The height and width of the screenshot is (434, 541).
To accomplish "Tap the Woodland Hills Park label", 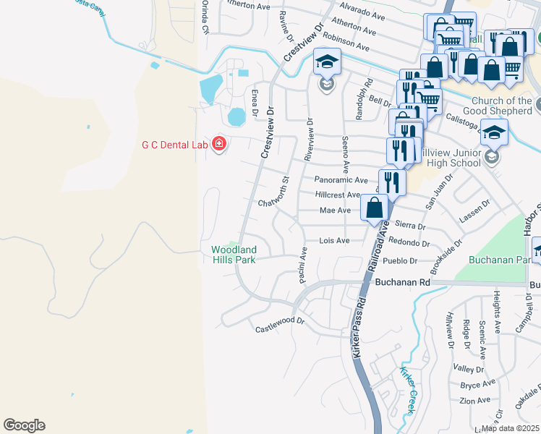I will click(234, 255).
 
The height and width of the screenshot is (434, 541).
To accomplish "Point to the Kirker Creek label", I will click(406, 391).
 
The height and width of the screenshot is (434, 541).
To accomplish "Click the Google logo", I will click(24, 425).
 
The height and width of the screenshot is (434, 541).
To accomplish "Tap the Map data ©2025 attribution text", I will click(511, 428).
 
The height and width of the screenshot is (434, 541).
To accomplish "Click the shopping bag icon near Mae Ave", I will click(375, 208).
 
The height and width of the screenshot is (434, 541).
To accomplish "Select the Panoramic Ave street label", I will click(341, 180).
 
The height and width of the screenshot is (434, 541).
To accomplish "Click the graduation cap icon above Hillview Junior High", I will click(494, 134).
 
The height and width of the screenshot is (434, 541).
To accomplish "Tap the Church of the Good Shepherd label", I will click(500, 106).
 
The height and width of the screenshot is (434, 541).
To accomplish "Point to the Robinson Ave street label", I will click(346, 41).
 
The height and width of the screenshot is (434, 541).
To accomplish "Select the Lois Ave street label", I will click(334, 240).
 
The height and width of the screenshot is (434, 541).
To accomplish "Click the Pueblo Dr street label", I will click(403, 260).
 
